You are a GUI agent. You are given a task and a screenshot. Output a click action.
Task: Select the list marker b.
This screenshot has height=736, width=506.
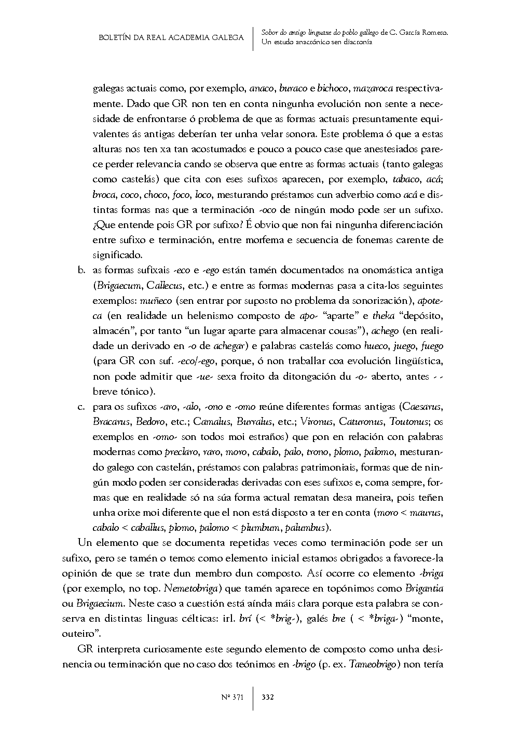coord(81,271)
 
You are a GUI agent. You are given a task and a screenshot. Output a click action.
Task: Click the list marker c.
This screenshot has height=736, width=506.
coord(81,406)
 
